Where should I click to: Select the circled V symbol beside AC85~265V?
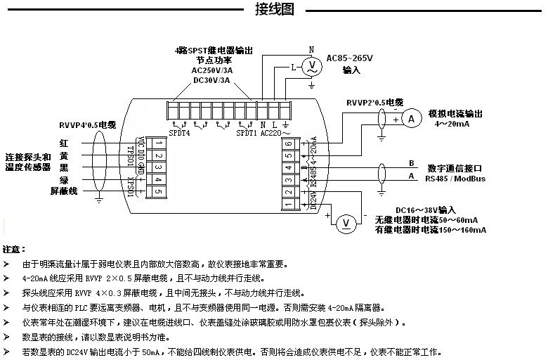(310, 67)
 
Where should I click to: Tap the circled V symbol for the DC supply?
(345, 224)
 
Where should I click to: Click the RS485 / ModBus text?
(456, 179)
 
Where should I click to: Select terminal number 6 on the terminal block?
(289, 143)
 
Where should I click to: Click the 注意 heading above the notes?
(15, 250)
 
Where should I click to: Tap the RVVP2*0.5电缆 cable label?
(374, 103)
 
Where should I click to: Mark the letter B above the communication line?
(412, 163)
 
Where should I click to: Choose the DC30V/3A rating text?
(211, 80)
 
